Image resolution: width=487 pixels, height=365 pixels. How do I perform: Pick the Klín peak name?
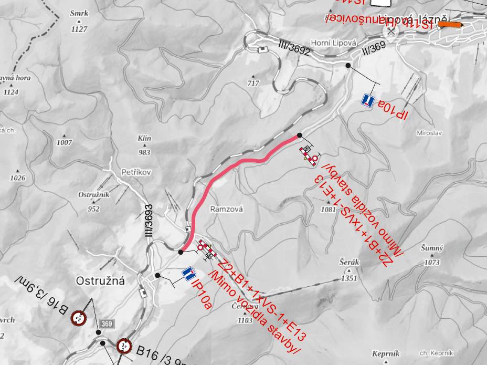pos(144,139)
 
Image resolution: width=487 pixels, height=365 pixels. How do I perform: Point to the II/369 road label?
pos(373,48)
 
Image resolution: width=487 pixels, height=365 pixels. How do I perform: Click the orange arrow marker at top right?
pos(451,24)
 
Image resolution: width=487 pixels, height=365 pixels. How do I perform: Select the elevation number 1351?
pos(349,278)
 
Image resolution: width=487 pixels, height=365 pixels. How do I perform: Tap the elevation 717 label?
pos(253,83)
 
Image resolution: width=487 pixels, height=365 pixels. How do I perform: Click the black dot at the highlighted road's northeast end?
pos(299,135)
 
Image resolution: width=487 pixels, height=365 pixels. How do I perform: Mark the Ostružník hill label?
pos(93,194)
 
